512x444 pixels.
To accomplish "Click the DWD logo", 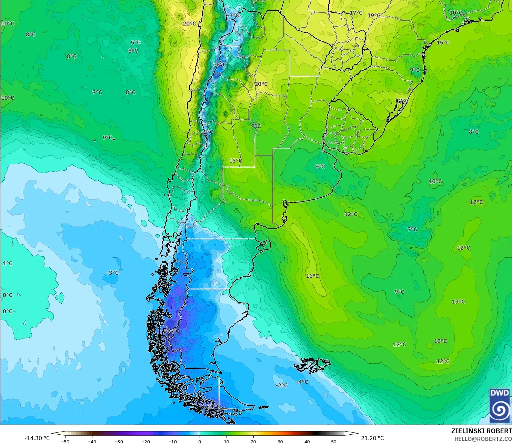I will [x=499, y=406].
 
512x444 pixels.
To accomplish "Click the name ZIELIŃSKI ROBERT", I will [x=481, y=431].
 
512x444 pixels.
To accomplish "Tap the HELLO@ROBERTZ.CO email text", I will [x=483, y=439].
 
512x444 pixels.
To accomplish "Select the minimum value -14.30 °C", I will [x=37, y=438].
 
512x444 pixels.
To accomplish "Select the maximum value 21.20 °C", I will [x=372, y=438].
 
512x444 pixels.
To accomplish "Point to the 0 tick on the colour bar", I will [x=200, y=441].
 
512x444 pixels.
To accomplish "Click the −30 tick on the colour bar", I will [x=119, y=441].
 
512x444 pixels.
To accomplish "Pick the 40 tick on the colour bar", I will [x=307, y=441].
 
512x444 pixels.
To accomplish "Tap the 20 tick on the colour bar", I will [x=253, y=441].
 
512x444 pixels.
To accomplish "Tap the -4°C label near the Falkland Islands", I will [x=302, y=382].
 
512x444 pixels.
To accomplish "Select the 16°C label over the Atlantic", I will [x=312, y=276].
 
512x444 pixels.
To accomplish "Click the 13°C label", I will [x=458, y=302].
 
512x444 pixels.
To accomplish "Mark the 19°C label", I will [x=374, y=16].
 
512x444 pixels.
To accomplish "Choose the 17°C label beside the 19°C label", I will [x=356, y=13].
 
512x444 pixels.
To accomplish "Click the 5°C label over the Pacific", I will [x=135, y=43].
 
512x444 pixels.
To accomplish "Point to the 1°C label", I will [x=8, y=263].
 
